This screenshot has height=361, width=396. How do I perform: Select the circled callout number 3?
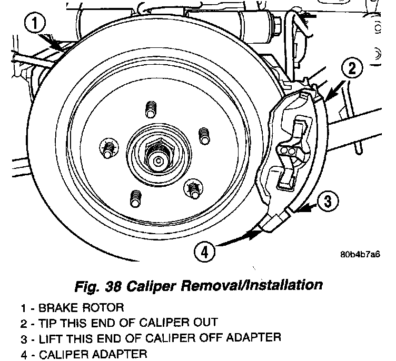[x=328, y=200]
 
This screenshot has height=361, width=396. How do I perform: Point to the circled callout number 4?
[x=204, y=252]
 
